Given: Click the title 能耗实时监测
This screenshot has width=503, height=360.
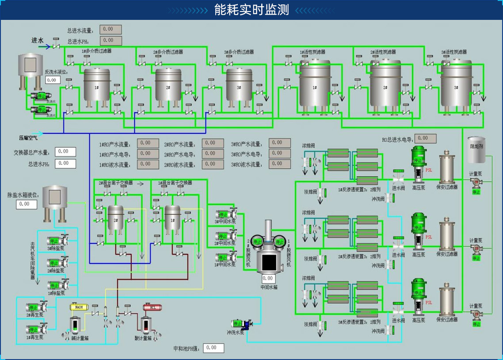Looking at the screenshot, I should tap(251, 10).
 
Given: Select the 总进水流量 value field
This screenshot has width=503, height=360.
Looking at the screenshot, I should tap(110, 30).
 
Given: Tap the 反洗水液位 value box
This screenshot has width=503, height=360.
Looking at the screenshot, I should tap(53, 80).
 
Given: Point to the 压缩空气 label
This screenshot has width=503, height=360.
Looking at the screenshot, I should tap(28, 138).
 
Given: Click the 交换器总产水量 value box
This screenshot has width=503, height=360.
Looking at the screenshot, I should tap(65, 152).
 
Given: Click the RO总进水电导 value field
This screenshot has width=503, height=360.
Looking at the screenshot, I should tap(425, 138).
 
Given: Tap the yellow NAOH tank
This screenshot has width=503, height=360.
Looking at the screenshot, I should tap(79, 307).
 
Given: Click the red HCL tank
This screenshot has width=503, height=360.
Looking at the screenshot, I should tap(149, 307).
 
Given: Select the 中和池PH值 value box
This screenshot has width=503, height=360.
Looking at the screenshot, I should tap(213, 348).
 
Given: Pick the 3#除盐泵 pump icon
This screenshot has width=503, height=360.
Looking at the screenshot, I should tap(57, 241).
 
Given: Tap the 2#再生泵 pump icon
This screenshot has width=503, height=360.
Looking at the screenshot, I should tap(37, 307).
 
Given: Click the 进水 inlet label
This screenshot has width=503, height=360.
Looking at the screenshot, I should tap(38, 40).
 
